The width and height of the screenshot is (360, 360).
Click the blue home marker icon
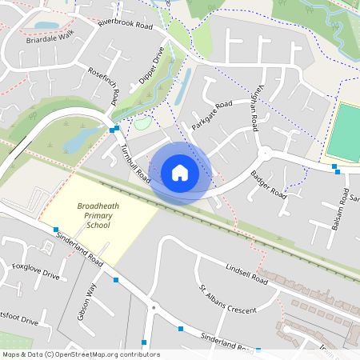180,173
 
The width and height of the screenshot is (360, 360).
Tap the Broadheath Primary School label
98,216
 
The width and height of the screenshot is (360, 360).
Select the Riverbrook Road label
125,26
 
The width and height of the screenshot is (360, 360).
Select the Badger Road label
267,184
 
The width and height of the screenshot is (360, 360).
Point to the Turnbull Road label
134,162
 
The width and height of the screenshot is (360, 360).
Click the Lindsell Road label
246,274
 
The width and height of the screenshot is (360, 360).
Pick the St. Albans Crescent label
227,298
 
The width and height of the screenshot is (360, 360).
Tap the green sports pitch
345,131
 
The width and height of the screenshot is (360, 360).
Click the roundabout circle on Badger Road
264,153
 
